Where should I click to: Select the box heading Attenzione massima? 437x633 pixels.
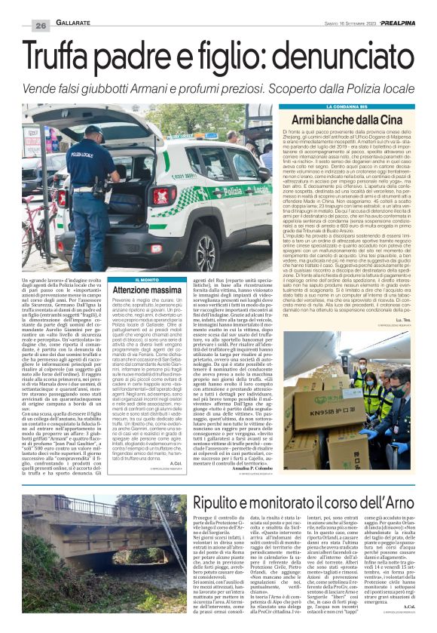(x=145, y=290)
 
